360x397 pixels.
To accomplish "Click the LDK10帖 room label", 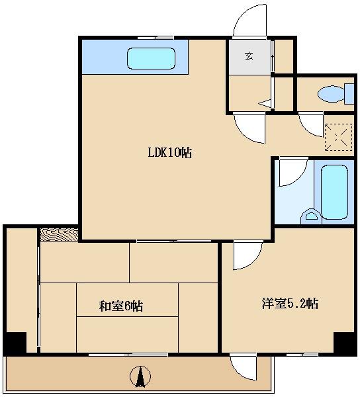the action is tap(169, 153).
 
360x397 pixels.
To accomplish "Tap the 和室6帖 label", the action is tap(120, 306).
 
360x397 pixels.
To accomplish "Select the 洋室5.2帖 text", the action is tap(290, 303).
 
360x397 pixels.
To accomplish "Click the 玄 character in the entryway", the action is tap(249, 56).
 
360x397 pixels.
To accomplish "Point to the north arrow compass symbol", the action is tap(140, 376).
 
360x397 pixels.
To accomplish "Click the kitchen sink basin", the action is tap(151, 58).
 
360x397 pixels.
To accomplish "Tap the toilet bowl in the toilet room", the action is tap(331, 94).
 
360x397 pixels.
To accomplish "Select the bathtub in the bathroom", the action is tap(334, 192).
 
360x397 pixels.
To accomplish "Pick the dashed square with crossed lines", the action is tap(338, 137).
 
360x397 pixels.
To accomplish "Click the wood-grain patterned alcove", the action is tap(59, 235).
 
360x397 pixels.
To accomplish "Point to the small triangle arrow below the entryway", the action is tap(265, 103).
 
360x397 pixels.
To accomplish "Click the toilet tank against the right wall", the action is tap(349, 94).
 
